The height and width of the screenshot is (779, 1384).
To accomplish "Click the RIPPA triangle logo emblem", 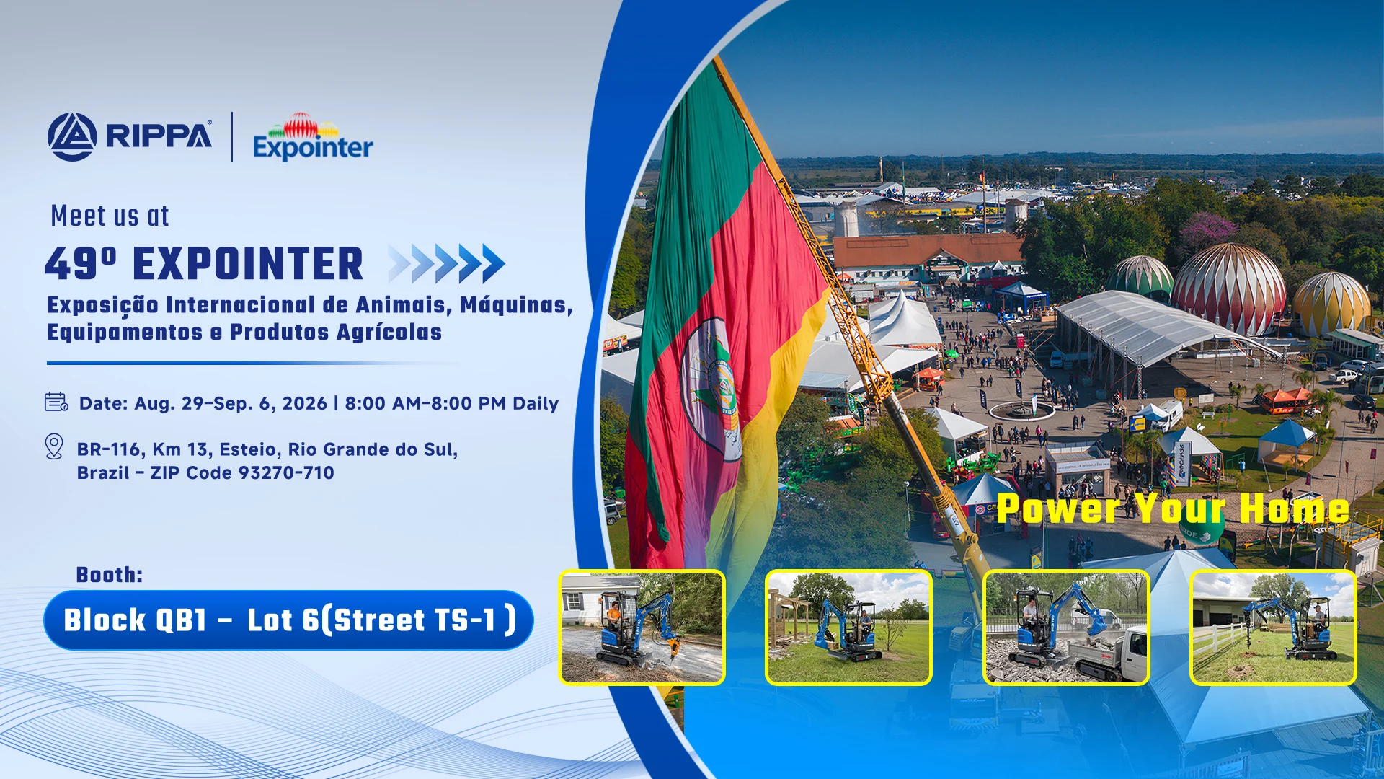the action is (x=72, y=136).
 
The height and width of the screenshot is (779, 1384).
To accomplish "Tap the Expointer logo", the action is (x=313, y=136).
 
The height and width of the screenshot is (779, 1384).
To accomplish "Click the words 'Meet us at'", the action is (x=110, y=216).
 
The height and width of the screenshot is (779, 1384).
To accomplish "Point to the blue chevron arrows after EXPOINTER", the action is (x=446, y=263).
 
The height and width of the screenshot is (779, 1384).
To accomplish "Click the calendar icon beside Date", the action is (x=56, y=402).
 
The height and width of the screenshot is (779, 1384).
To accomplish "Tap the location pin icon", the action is (x=54, y=446).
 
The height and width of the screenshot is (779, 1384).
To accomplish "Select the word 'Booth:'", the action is (x=110, y=575).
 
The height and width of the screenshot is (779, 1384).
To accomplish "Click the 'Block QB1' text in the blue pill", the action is (x=136, y=620).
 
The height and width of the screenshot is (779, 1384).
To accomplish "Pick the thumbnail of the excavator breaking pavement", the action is (x=642, y=627).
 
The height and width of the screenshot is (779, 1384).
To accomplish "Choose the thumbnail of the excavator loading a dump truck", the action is (x=1066, y=627).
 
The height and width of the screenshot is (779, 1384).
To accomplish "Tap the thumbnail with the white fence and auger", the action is (x=1273, y=627).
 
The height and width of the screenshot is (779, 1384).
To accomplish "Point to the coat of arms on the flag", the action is (x=711, y=390).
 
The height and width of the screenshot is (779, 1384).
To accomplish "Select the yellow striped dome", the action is (x=1331, y=303).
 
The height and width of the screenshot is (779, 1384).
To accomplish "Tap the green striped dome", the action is (x=1140, y=276).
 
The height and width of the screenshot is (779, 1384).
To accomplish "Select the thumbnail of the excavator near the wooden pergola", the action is (x=848, y=627).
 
